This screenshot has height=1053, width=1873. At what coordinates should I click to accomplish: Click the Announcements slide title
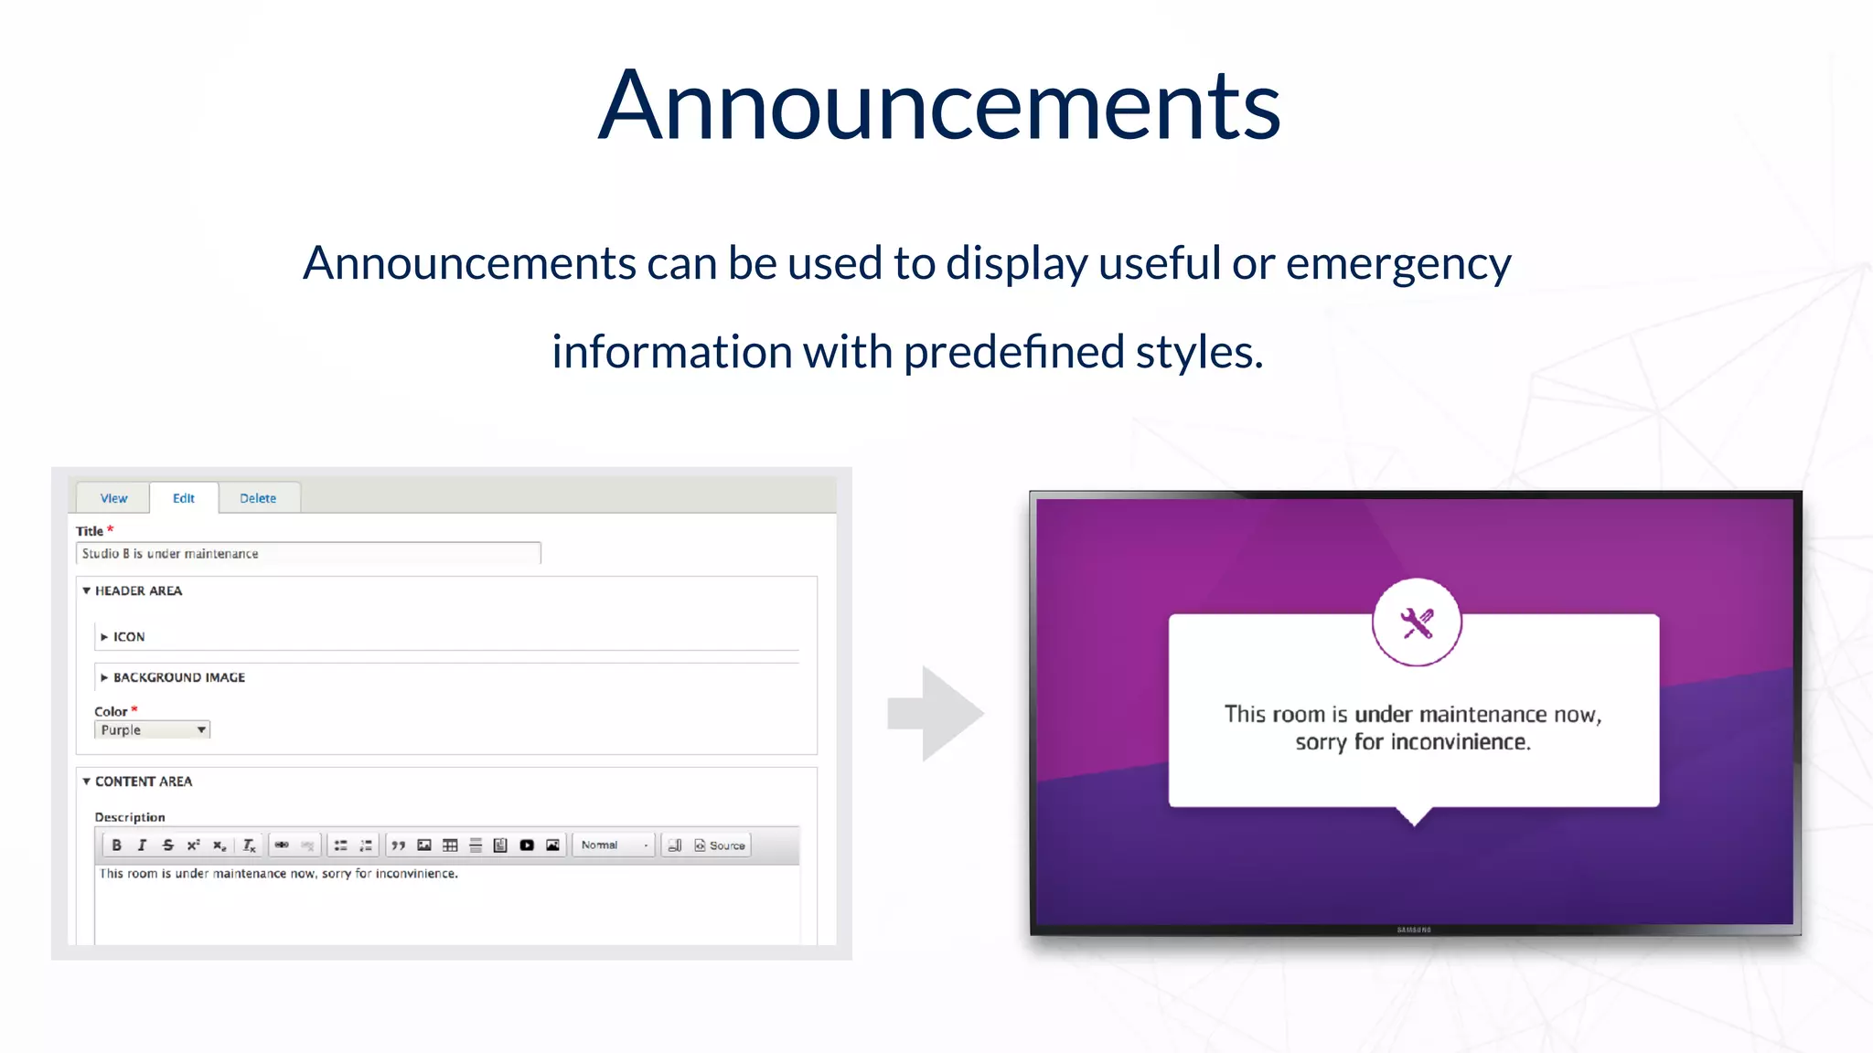(938, 106)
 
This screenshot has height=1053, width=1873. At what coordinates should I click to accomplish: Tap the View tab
(113, 498)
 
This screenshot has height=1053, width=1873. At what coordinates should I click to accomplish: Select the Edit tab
(184, 498)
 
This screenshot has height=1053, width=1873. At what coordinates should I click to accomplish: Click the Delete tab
(258, 498)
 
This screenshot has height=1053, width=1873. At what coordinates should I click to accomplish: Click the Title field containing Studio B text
(308, 554)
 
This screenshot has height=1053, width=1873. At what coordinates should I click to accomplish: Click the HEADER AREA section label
(138, 591)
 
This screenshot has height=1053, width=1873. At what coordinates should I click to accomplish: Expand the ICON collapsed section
(128, 637)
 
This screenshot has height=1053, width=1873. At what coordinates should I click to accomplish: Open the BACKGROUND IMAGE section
(178, 677)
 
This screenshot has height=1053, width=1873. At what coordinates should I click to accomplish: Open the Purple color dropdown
(153, 730)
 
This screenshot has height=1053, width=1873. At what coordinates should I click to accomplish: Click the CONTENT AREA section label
(144, 782)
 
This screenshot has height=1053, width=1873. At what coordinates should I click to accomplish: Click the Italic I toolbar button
(142, 846)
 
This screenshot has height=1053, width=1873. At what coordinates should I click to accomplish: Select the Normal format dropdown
(614, 846)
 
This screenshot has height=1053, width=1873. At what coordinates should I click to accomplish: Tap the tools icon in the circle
(1417, 623)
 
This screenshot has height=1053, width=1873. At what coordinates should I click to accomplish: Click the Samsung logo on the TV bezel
(1414, 930)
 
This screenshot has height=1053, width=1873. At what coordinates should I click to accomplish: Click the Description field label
(130, 817)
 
